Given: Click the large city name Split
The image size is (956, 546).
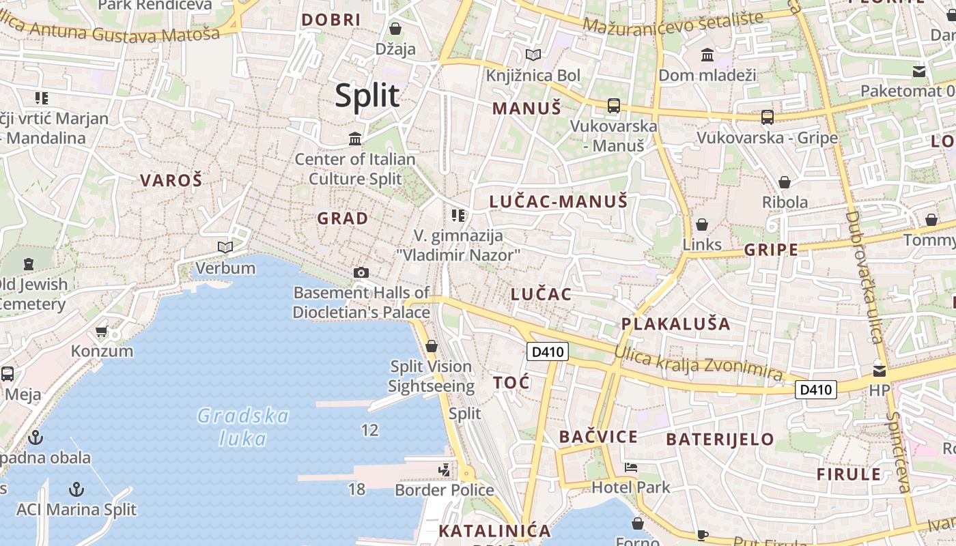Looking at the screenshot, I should pyautogui.click(x=367, y=96).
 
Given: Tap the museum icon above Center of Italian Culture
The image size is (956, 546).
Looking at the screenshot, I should pyautogui.click(x=355, y=139).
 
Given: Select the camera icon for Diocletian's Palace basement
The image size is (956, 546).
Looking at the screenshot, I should pyautogui.click(x=361, y=273).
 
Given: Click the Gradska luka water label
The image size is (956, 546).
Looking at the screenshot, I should pyautogui.click(x=243, y=427).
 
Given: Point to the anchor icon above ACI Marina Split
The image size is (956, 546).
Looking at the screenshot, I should pyautogui.click(x=76, y=489).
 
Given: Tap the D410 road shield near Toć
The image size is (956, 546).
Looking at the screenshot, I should pyautogui.click(x=548, y=352).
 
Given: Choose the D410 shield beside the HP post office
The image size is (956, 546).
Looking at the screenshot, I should pyautogui.click(x=816, y=390).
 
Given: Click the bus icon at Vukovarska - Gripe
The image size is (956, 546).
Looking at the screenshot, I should pyautogui.click(x=768, y=117).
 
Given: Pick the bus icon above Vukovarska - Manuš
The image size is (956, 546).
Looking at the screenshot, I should pyautogui.click(x=614, y=106).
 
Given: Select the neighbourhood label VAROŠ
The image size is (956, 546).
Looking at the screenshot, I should pyautogui.click(x=171, y=181).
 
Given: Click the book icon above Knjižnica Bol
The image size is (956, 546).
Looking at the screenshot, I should pyautogui.click(x=533, y=55).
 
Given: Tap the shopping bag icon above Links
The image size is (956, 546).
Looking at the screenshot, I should pyautogui.click(x=701, y=225).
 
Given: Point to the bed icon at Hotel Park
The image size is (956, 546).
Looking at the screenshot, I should pyautogui.click(x=631, y=468).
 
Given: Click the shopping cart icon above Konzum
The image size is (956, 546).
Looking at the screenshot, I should pyautogui.click(x=102, y=331).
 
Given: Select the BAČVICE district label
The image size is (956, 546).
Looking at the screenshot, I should pyautogui.click(x=598, y=437).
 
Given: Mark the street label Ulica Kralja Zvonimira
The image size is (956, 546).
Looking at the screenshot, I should pyautogui.click(x=698, y=363).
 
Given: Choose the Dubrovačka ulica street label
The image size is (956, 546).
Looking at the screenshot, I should pyautogui.click(x=864, y=276).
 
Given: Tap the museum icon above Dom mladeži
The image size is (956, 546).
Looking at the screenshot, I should pyautogui.click(x=707, y=55).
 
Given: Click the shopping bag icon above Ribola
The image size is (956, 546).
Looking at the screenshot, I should pyautogui.click(x=785, y=182).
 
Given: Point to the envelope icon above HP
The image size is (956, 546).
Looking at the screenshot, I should pyautogui.click(x=880, y=371).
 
